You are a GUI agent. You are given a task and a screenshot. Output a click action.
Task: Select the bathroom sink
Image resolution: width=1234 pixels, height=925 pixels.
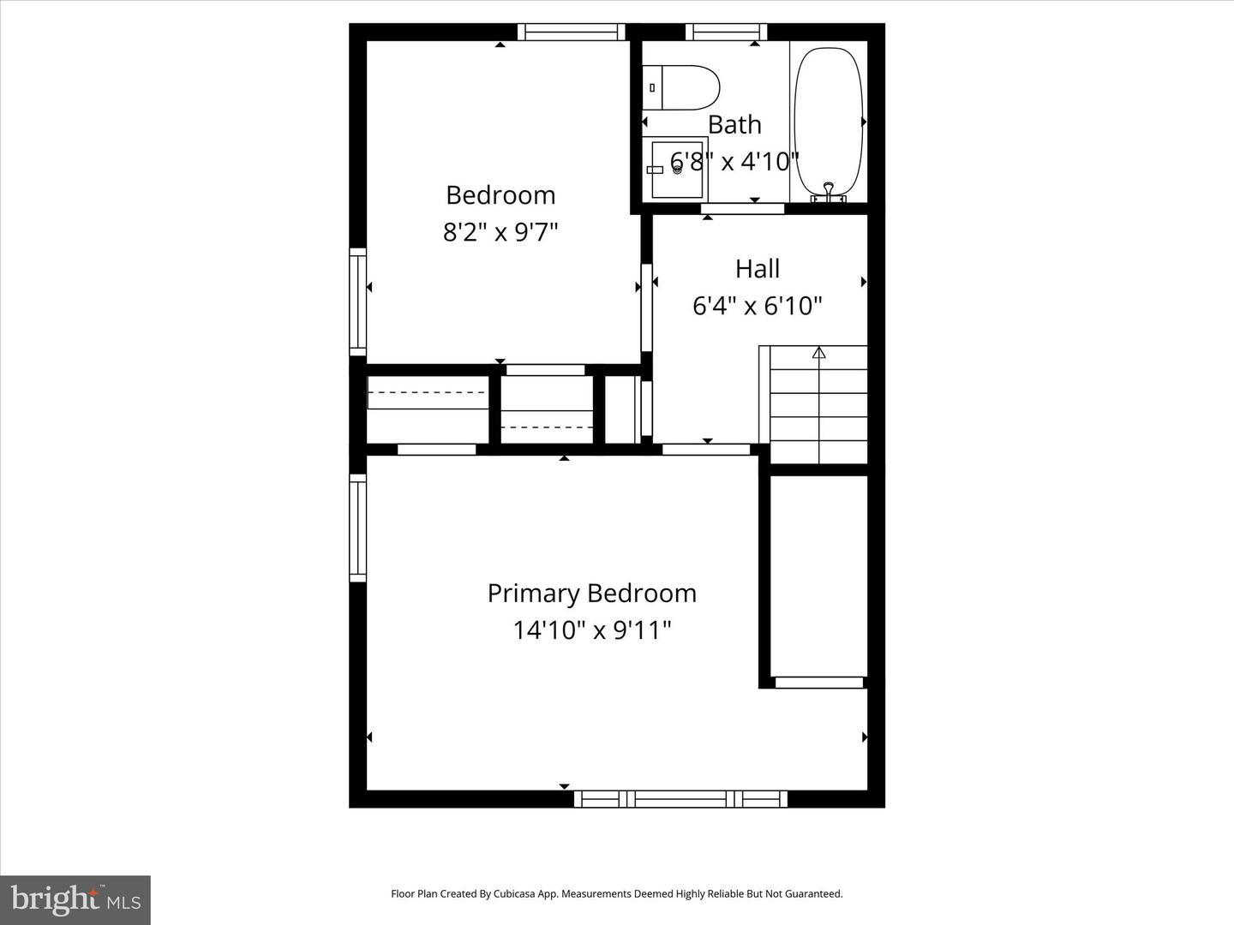coord(676,169)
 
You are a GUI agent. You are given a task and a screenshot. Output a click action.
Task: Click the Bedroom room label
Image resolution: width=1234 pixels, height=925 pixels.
coord(500,195)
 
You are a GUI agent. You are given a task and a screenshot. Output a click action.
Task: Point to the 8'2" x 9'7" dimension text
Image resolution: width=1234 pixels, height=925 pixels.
coord(500,232)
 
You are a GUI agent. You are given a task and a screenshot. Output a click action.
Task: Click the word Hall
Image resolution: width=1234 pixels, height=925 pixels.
coord(758,269)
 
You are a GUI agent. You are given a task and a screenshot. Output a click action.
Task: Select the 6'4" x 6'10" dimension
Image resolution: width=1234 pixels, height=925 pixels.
coord(758,306)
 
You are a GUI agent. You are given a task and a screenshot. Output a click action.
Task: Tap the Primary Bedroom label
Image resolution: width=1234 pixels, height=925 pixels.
coord(591,594)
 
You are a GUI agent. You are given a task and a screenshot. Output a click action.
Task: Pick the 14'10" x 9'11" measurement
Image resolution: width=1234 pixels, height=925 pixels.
coord(591,630)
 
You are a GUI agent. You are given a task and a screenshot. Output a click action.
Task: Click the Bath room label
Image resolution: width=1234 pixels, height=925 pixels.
coord(734,125)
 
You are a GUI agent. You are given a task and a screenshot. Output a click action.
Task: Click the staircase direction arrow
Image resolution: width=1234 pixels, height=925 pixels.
coord(818,352)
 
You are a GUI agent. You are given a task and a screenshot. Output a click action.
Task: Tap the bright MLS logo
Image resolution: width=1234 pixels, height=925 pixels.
coord(75,899)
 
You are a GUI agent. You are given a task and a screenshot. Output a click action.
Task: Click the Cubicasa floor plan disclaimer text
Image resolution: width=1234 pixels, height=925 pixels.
coord(616,894)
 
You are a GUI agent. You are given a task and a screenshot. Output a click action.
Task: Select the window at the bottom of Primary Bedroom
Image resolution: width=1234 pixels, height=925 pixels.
coord(680,799)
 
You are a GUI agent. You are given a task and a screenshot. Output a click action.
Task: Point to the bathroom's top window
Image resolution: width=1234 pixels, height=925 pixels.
coord(726,32)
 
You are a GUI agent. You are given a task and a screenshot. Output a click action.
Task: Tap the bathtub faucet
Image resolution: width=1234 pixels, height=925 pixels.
coord(828,191)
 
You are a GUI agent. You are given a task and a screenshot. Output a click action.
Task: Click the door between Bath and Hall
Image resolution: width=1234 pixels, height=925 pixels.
coord(742,209)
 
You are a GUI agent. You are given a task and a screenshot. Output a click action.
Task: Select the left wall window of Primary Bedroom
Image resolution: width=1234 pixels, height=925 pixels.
coord(357,528)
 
